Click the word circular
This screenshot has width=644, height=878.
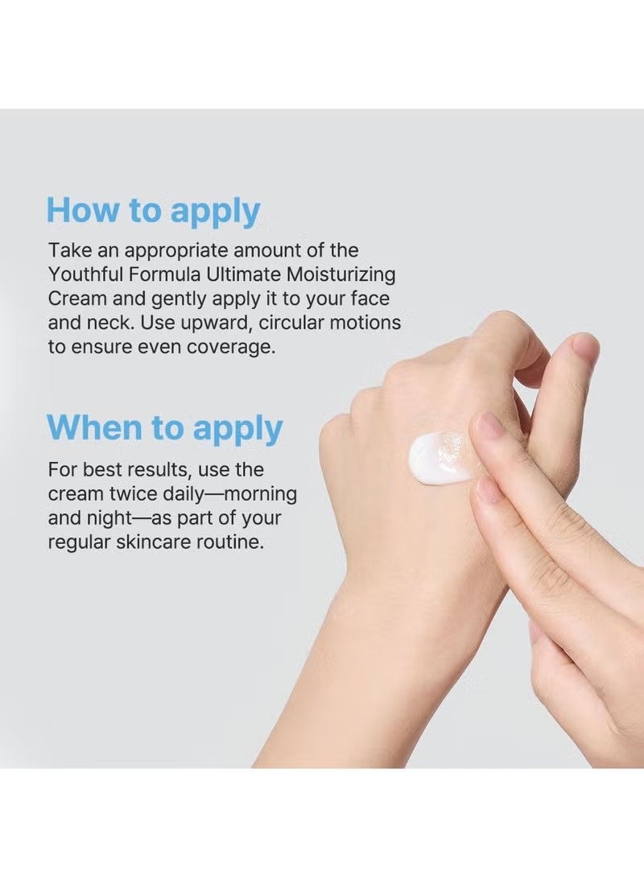pyautogui.click(x=289, y=323)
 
